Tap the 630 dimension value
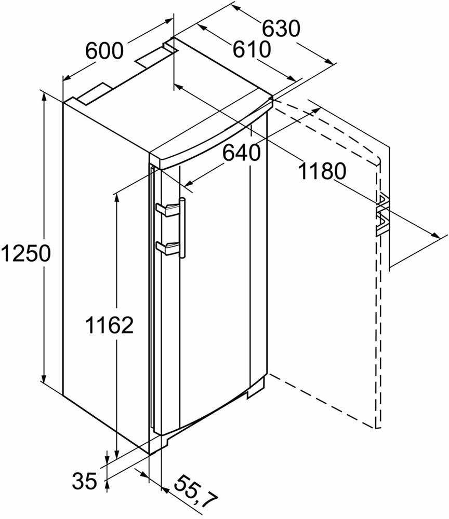(281, 29)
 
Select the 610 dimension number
(251, 50)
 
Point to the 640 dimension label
(241, 153)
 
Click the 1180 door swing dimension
(322, 171)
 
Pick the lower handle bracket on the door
(167, 248)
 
